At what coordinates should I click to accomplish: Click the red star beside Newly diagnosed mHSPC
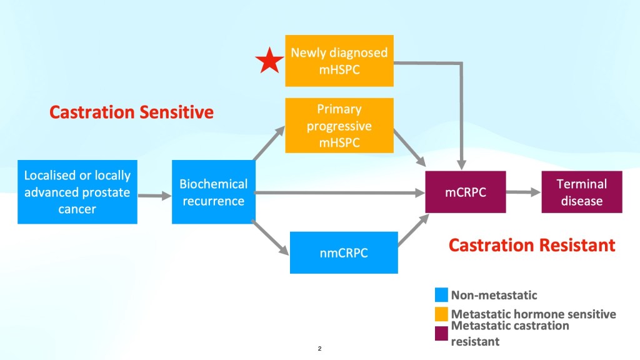pos(270,62)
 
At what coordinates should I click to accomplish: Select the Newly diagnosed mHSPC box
pos(339,60)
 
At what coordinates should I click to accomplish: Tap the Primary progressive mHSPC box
pos(339,126)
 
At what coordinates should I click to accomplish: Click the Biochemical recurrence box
pos(213,192)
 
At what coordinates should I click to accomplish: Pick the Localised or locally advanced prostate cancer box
pos(77,192)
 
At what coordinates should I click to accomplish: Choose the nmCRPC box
pos(344,252)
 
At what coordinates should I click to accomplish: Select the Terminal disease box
pos(582,192)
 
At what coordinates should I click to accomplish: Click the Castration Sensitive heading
pos(131,112)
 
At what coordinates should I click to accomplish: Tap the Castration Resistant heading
pos(532,245)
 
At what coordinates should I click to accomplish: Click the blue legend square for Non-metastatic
pos(441,294)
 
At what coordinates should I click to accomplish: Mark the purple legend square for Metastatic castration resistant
pos(441,334)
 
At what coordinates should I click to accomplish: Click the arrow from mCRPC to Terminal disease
pos(524,192)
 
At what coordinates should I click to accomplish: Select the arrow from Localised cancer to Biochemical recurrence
pos(154,196)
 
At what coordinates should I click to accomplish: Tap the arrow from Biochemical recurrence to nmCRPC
pos(271,238)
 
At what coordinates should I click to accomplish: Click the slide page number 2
pos(319,348)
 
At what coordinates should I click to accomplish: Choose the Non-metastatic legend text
pos(494,295)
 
